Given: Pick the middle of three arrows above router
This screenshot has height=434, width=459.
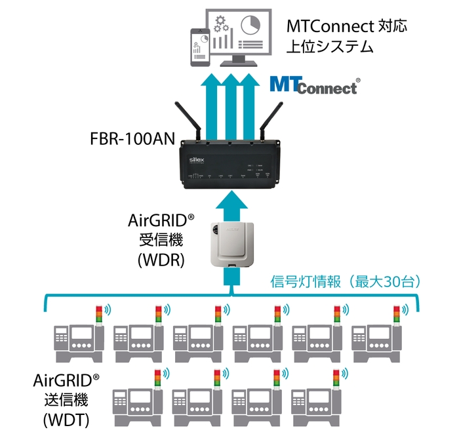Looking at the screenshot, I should [x=230, y=105].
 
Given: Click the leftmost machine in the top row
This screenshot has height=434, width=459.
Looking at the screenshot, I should [x=79, y=341].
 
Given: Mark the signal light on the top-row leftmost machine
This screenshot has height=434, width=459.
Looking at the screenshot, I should [x=99, y=313].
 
